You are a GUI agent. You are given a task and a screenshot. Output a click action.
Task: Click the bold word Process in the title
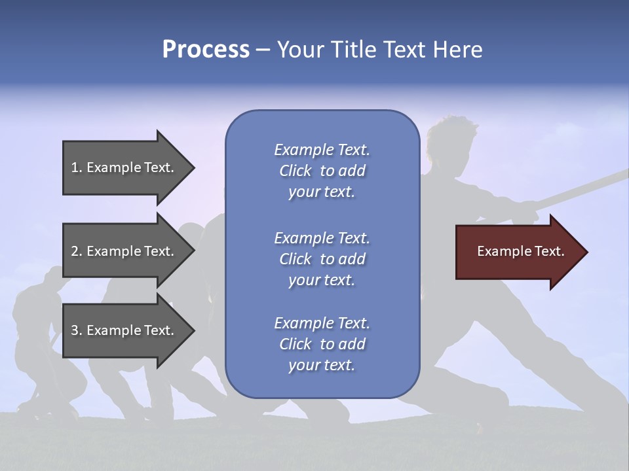[206, 50]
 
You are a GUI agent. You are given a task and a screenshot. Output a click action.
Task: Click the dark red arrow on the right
[518, 252]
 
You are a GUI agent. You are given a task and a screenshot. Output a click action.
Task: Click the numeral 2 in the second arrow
[75, 251]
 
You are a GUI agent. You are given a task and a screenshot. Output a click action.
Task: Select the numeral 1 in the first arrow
[75, 167]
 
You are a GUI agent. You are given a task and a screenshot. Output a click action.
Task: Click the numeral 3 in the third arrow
[75, 330]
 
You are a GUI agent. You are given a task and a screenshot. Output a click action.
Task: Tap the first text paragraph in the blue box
[322, 171]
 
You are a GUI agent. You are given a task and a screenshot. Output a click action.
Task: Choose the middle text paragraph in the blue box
[322, 258]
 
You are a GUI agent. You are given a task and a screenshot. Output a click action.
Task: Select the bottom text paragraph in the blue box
[322, 344]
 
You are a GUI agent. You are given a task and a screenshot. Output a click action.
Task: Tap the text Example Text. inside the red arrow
[520, 251]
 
